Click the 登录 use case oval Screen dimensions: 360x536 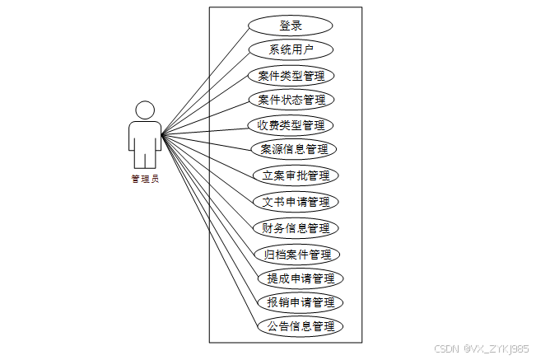pos(291,26)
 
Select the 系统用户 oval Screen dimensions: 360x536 pos(291,50)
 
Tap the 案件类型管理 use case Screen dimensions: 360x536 pos(291,76)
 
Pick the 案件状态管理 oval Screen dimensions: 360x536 pos(291,101)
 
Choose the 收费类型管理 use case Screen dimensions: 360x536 pos(291,126)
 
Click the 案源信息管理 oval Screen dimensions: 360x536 pos(294,150)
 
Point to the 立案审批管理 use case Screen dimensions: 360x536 pos(295,175)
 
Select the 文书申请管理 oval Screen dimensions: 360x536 pos(295,202)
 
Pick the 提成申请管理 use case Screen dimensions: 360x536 pos(300,278)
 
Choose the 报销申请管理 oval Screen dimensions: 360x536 pos(300,302)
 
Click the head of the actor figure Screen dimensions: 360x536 pos(145,110)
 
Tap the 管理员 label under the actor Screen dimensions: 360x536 pos(144,177)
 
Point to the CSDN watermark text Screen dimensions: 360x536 pos(481,348)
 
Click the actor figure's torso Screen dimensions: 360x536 pos(145,136)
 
